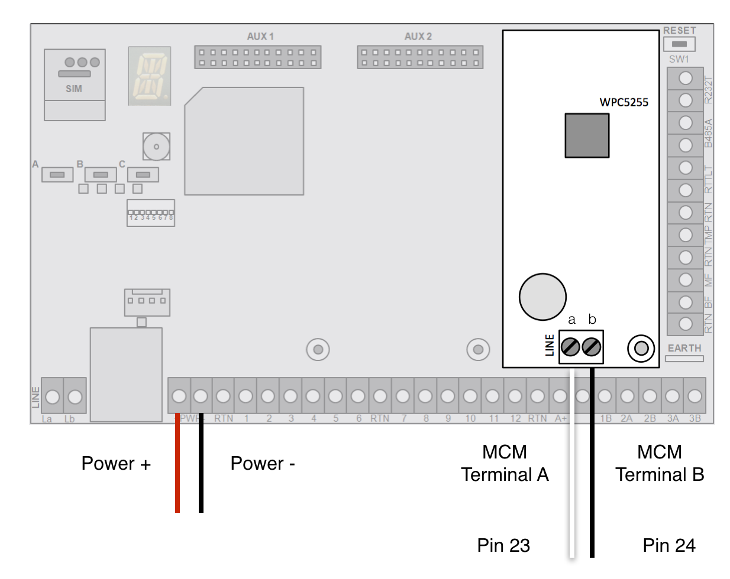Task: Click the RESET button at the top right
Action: pos(679,44)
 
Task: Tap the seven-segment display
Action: pos(150,76)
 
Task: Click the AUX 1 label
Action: pos(260,37)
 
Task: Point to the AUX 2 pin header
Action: pos(420,57)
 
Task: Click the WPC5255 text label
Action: pos(624,102)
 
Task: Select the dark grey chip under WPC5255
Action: pos(587,136)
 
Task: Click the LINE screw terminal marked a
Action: pos(570,347)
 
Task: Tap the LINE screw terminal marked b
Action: pos(592,347)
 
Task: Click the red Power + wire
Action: pos(177,467)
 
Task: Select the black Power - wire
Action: pos(201,467)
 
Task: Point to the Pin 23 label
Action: pos(503,545)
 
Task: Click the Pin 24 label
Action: pos(669,545)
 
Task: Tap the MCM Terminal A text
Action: pos(505,463)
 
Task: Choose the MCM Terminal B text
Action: pos(660,463)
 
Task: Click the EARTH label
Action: pos(684,348)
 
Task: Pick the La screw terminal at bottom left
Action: pos(52,396)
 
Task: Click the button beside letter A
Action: pos(57,175)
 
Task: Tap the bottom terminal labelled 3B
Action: pos(695,396)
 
